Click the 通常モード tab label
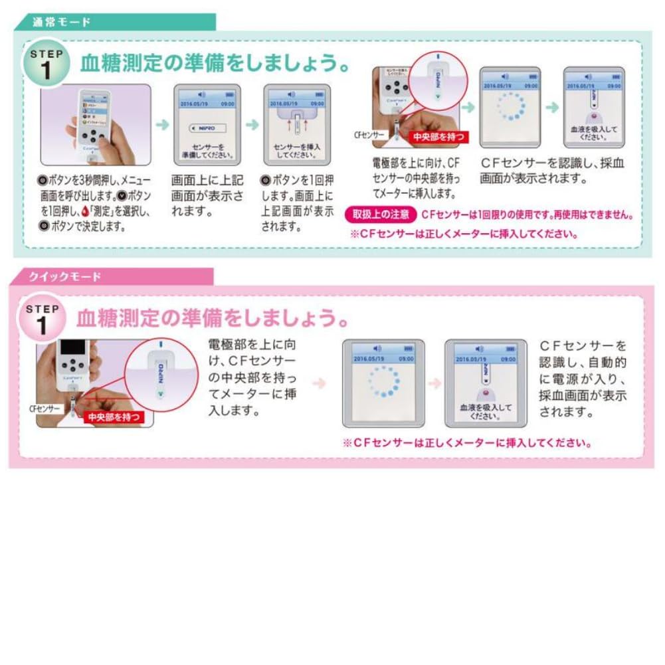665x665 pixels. click(62, 22)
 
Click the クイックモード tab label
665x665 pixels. click(64, 277)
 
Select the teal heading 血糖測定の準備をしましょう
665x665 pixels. click(215, 64)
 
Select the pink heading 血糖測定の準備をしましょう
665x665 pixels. click(213, 318)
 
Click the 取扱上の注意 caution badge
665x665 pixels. click(381, 215)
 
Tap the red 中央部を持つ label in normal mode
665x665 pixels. click(440, 138)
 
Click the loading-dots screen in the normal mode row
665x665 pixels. click(510, 108)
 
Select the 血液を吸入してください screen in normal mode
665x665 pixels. click(593, 108)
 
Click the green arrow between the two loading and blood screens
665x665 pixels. click(551, 107)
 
